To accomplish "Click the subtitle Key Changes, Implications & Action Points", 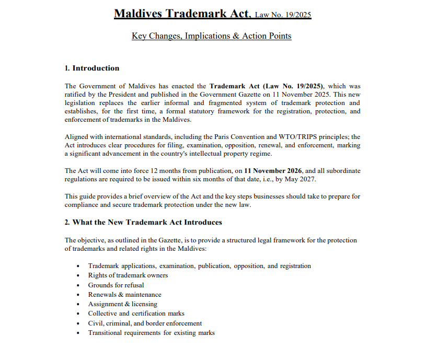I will tap(212, 36).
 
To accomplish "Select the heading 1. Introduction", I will tap(92, 68).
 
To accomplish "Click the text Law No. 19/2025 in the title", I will tap(283, 15).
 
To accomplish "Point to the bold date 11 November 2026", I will tap(275, 171).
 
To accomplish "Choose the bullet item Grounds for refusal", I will tap(116, 285).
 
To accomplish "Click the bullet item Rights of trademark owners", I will tap(128, 275).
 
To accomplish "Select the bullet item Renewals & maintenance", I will tap(125, 294).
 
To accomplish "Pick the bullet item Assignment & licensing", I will tap(123, 304).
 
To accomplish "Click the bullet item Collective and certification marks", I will tap(136, 313).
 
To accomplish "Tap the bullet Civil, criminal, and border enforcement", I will tap(145, 323).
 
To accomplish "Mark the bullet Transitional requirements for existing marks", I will tap(152, 332).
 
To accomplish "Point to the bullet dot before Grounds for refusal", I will tap(78, 285).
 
